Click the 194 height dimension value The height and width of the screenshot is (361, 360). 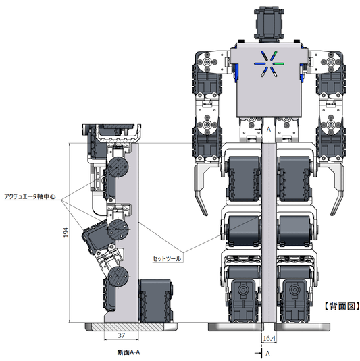pyautogui.click(x=66, y=232)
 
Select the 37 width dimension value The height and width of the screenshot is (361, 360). pyautogui.click(x=121, y=335)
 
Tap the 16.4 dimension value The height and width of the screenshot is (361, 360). pyautogui.click(x=269, y=339)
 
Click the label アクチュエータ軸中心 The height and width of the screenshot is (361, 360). pyautogui.click(x=30, y=196)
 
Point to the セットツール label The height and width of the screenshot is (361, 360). pyautogui.click(x=167, y=259)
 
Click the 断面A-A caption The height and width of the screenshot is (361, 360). pyautogui.click(x=128, y=352)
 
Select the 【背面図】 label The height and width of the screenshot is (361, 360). pyautogui.click(x=342, y=306)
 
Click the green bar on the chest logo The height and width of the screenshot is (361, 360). pyautogui.click(x=279, y=63)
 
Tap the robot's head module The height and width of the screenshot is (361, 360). pyautogui.click(x=269, y=24)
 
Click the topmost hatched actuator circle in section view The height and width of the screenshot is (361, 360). pyautogui.click(x=118, y=167)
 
